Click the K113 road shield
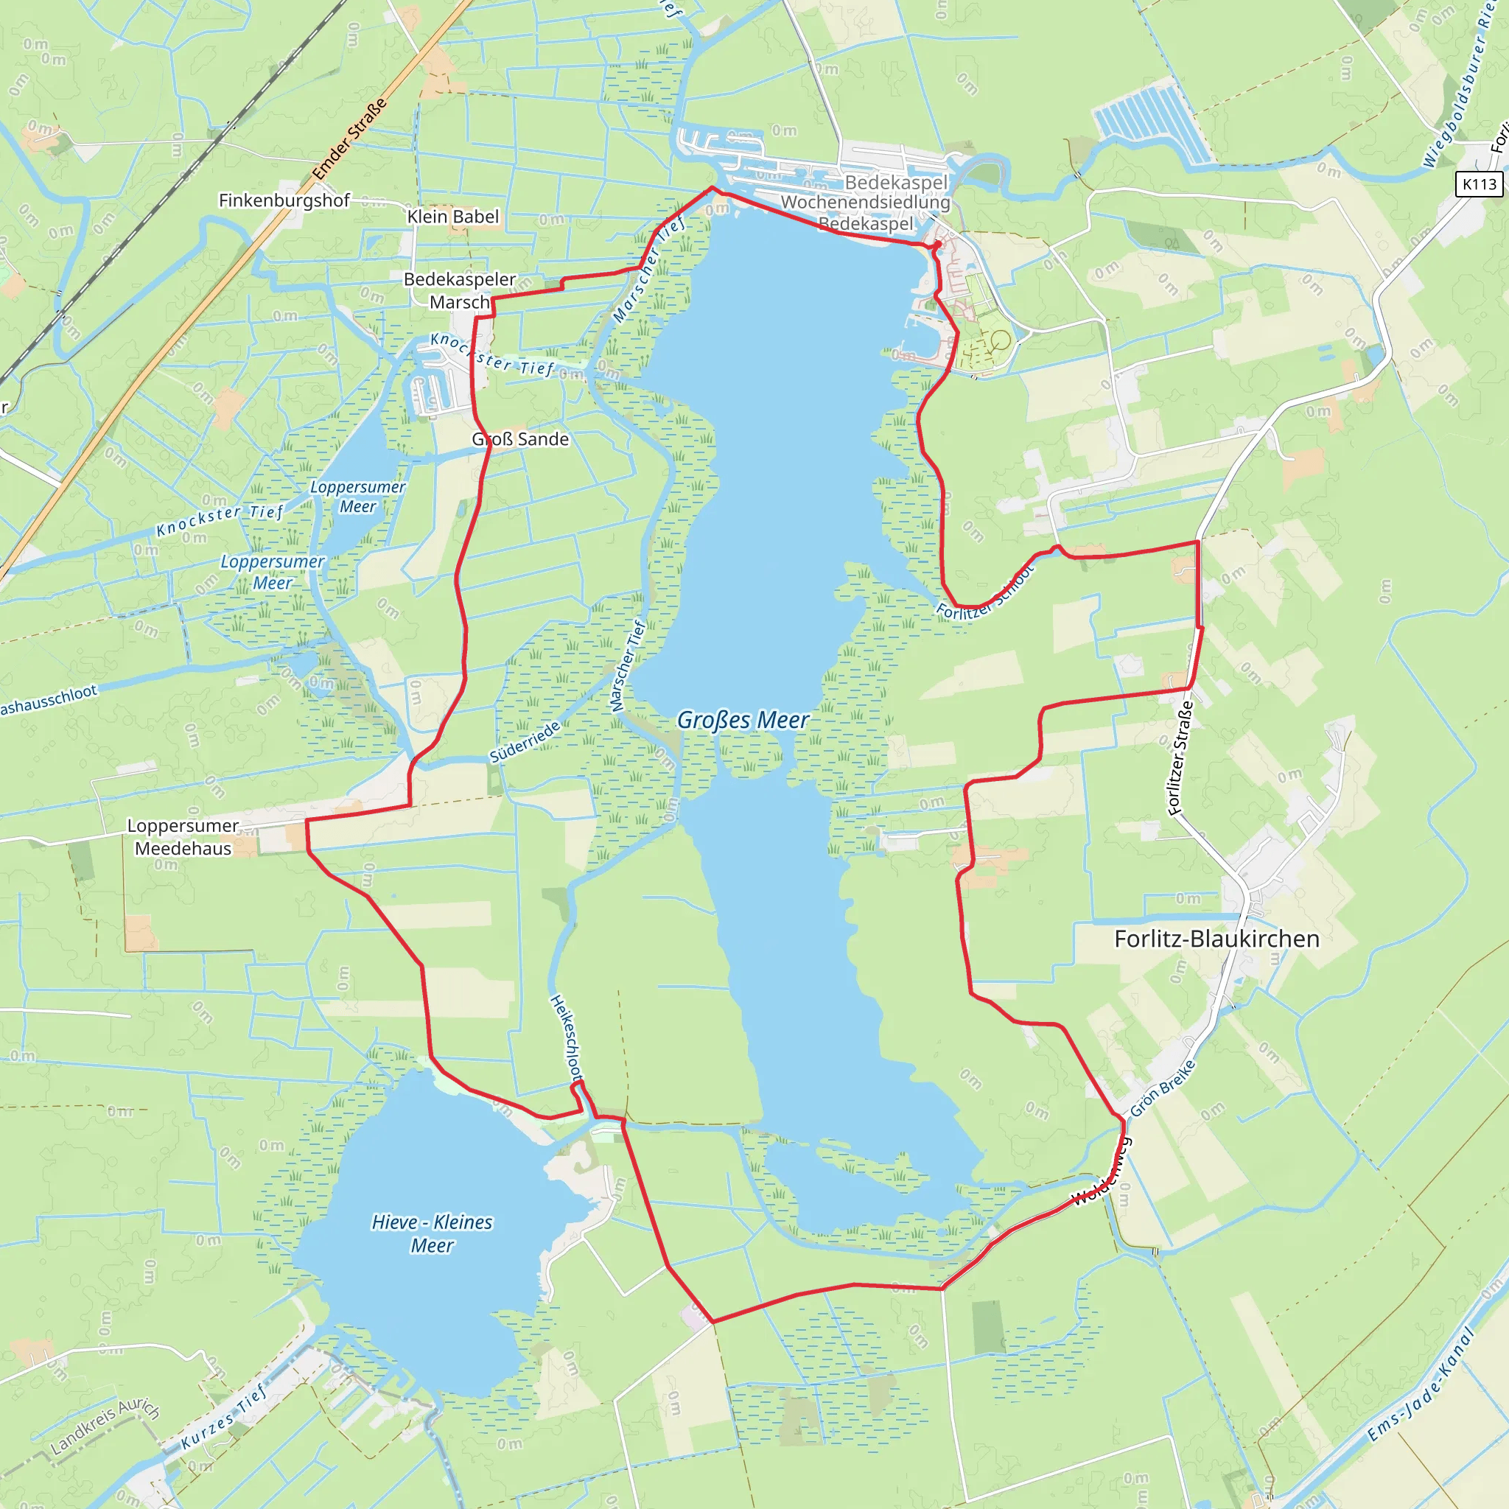pyautogui.click(x=1480, y=184)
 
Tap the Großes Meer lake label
pyautogui.click(x=742, y=720)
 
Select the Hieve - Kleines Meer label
pyautogui.click(x=432, y=1233)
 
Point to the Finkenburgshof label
pyautogui.click(x=284, y=200)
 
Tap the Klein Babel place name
pyautogui.click(x=452, y=217)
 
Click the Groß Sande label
pyautogui.click(x=520, y=439)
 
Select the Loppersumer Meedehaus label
pyautogui.click(x=183, y=836)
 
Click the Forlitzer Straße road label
pyautogui.click(x=1180, y=758)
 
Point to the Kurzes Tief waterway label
pyautogui.click(x=224, y=1415)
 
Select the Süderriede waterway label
pyautogui.click(x=525, y=742)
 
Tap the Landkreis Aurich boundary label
pyautogui.click(x=105, y=1427)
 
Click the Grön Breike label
pyautogui.click(x=1162, y=1088)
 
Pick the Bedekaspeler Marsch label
pyautogui.click(x=459, y=290)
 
